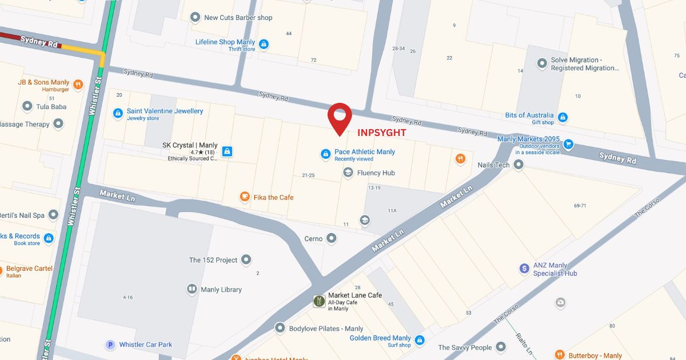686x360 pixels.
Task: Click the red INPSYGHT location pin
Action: click(x=340, y=117)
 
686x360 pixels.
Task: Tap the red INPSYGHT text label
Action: click(x=382, y=133)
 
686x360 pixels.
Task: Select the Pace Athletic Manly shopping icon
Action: click(x=325, y=154)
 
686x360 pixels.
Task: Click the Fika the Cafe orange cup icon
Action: click(x=245, y=197)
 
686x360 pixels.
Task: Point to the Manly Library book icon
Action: click(x=192, y=290)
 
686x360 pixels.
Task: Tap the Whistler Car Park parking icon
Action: click(x=110, y=345)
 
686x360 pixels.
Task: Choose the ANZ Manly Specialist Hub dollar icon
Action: click(x=524, y=268)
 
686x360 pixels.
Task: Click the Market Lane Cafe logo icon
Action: click(x=320, y=301)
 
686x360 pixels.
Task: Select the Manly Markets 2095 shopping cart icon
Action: click(x=568, y=144)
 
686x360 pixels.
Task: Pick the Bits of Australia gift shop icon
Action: click(x=563, y=118)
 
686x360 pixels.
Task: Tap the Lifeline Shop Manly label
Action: click(x=225, y=42)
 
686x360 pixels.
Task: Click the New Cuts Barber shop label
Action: click(x=238, y=18)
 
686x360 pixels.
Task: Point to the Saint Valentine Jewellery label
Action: click(x=165, y=111)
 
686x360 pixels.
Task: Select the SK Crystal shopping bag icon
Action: click(x=228, y=151)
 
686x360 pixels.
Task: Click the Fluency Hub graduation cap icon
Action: click(x=348, y=173)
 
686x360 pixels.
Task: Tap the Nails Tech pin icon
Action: click(x=519, y=165)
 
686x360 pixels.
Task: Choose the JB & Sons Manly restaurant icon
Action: click(x=78, y=85)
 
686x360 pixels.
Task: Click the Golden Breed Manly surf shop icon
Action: click(x=420, y=341)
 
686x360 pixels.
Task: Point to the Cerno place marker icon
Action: click(x=332, y=239)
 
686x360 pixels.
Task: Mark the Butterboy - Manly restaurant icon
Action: click(x=560, y=355)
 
